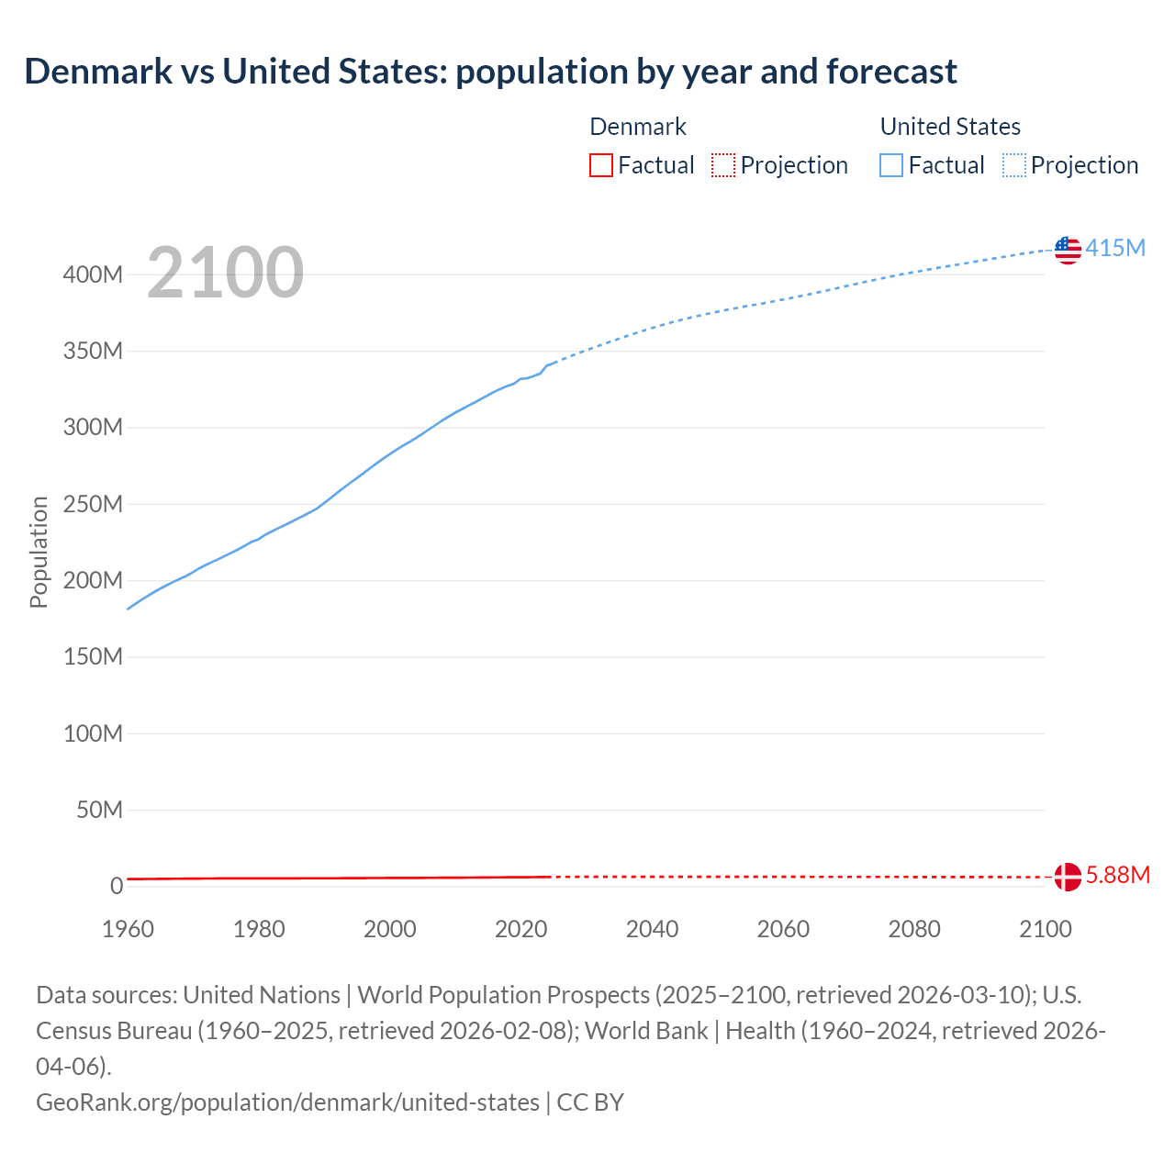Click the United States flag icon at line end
[1068, 250]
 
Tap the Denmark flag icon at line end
[1068, 877]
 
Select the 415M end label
[1115, 248]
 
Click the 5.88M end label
[1117, 875]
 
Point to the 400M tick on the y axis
[93, 274]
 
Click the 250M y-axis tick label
[93, 504]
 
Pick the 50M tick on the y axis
[99, 810]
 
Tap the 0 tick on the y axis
[117, 886]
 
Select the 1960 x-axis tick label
[128, 929]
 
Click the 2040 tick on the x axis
[652, 929]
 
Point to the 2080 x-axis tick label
[914, 929]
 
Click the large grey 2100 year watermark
[225, 272]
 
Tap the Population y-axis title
[39, 552]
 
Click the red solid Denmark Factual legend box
[600, 165]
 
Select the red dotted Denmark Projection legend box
[723, 165]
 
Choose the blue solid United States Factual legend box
[890, 165]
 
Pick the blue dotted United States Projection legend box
[1013, 165]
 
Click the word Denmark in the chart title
[96, 71]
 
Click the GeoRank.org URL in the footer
[287, 1102]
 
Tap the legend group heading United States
[950, 127]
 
